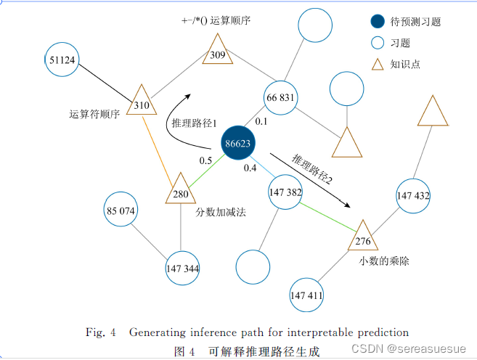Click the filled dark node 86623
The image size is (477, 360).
[x=238, y=144]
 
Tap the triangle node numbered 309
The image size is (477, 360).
[x=217, y=52]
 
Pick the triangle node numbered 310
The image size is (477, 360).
[x=142, y=102]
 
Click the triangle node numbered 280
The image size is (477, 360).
[x=181, y=191]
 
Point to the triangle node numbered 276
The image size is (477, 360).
[x=363, y=237]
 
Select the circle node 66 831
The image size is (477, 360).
[x=281, y=98]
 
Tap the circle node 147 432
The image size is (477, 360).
[x=413, y=196]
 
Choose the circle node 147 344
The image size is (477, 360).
[x=182, y=269]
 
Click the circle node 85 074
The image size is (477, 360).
[x=121, y=211]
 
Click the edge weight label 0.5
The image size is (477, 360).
[x=205, y=160]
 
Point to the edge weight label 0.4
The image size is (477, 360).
[x=250, y=168]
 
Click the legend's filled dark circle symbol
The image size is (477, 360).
[x=377, y=22]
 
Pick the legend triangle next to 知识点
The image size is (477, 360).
[x=377, y=64]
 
